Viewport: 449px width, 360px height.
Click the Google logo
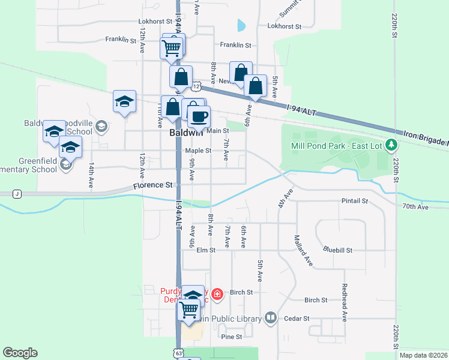20,353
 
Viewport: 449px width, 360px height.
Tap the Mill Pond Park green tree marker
391,145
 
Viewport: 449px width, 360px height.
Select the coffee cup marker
199,116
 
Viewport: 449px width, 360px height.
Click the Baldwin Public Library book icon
270,318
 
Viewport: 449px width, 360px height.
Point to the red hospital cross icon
217,294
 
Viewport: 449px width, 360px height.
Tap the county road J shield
17,194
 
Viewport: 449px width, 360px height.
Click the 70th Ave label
415,206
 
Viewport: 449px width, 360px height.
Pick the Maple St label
198,151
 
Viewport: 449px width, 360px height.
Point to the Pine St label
231,337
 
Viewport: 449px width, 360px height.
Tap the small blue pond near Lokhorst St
241,25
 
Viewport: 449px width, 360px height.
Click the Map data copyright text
422,355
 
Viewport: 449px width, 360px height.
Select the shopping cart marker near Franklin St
172,47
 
